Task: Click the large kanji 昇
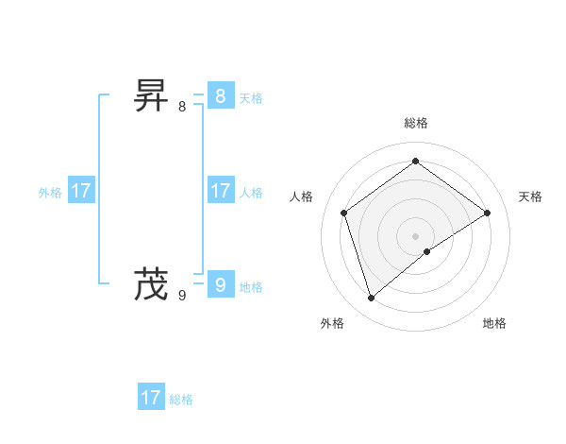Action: point(151,96)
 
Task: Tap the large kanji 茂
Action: point(151,283)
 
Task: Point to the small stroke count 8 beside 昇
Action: point(182,107)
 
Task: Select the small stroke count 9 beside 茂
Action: point(182,296)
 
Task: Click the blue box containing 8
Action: point(220,96)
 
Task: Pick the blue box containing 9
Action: point(220,284)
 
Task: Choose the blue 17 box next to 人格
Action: point(220,191)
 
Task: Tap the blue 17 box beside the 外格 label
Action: point(80,191)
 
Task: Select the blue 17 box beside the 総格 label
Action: point(151,398)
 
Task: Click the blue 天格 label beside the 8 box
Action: point(251,98)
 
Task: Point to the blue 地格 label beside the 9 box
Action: point(251,287)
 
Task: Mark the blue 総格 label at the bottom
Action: point(181,400)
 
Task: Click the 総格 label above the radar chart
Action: point(416,123)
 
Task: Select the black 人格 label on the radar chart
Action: point(302,196)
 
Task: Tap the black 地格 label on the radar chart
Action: point(494,323)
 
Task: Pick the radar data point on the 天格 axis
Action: point(488,213)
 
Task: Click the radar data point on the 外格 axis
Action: point(372,299)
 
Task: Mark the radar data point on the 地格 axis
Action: point(427,251)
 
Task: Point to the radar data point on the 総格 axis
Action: point(416,161)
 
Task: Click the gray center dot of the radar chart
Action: point(416,235)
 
